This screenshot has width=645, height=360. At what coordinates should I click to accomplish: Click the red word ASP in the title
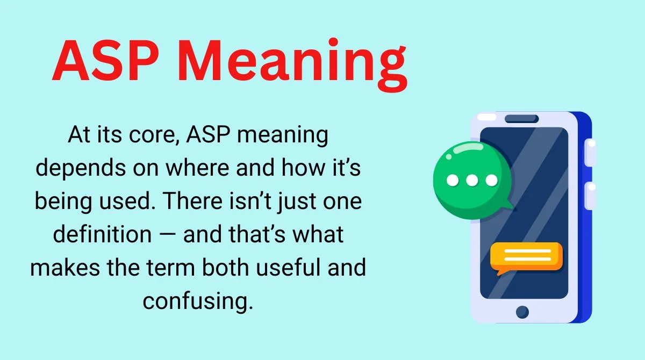[x=105, y=60]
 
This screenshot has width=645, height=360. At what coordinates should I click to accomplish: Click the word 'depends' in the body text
[x=81, y=168]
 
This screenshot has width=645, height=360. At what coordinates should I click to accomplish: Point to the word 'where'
[x=197, y=168]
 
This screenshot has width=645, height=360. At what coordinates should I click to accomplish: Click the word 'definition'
[x=102, y=234]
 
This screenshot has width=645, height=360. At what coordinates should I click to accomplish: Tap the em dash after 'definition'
[x=167, y=234]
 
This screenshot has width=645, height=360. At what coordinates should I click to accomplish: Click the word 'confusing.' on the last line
[x=198, y=301]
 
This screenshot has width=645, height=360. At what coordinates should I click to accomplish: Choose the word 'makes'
[x=65, y=268]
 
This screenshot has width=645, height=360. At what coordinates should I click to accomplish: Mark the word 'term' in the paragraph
[x=171, y=268]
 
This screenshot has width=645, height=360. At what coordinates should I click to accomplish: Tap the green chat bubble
[x=472, y=181]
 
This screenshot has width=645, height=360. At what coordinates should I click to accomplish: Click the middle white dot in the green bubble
[x=472, y=181]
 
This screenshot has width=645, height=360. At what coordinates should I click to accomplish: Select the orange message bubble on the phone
[x=526, y=257]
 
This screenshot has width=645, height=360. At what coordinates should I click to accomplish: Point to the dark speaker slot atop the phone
[x=522, y=119]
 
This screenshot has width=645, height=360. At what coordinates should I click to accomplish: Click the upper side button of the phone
[x=590, y=153]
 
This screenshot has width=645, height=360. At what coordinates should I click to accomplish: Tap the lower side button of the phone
[x=590, y=196]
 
